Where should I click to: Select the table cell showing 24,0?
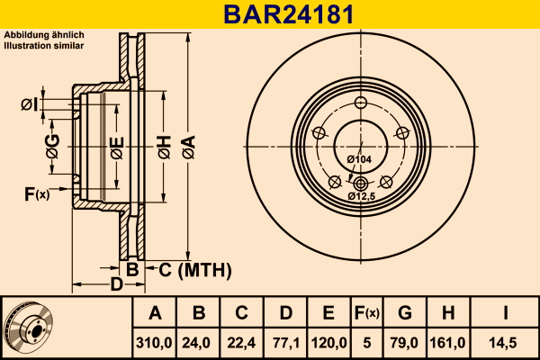click(x=199, y=342)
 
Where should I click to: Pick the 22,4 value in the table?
click(x=241, y=342)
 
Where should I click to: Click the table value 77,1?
click(x=284, y=342)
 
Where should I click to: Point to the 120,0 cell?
click(x=328, y=342)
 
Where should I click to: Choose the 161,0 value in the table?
click(x=448, y=342)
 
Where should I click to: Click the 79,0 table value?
click(x=404, y=342)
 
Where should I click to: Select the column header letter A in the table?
click(x=155, y=313)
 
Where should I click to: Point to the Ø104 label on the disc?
click(x=359, y=159)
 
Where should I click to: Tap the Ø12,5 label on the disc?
click(x=361, y=195)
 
